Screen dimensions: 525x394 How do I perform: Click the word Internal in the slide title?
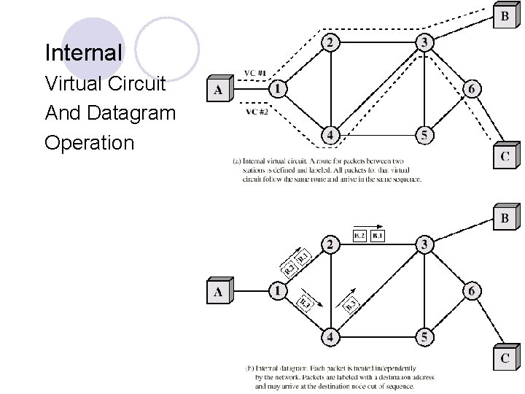[x=83, y=53]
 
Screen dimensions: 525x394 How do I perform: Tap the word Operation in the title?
[x=89, y=142]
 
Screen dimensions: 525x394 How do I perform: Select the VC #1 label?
[x=254, y=73]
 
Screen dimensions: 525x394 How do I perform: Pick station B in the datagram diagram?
[x=505, y=217]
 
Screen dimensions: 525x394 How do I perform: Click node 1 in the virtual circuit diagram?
[x=276, y=89]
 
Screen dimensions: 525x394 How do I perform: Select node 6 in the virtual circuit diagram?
[x=471, y=89]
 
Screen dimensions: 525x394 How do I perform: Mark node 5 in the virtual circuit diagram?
[x=424, y=135]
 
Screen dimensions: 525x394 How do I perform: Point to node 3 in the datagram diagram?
[x=424, y=244]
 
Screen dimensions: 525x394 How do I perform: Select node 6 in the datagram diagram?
[x=471, y=291]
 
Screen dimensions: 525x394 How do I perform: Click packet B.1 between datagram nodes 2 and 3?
[x=377, y=236]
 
